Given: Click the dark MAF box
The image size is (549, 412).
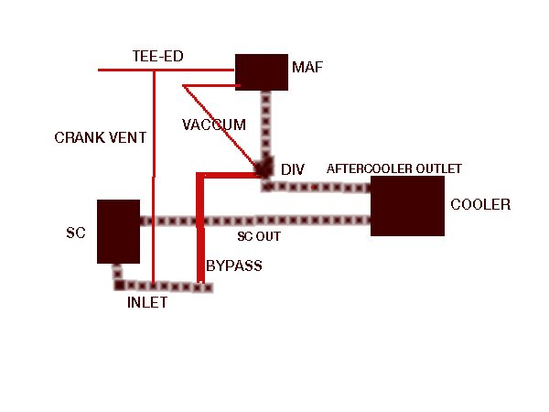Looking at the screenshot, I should (x=263, y=71).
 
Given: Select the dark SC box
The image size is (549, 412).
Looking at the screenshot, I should (x=118, y=231).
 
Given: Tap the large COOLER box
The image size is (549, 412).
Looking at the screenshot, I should (x=406, y=206).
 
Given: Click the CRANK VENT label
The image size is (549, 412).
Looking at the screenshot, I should (x=101, y=137).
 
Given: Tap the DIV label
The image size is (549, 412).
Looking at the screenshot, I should (x=293, y=170).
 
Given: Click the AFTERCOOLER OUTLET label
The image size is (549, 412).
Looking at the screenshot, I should (x=393, y=169).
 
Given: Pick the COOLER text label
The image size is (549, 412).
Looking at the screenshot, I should (x=480, y=204).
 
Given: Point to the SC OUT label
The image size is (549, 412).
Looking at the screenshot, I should (x=259, y=236).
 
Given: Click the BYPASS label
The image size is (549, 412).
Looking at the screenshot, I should (x=234, y=266).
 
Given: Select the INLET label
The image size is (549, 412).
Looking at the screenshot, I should (x=146, y=303).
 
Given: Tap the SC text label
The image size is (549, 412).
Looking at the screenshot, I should (x=75, y=233).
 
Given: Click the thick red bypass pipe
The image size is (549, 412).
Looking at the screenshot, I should (x=199, y=229).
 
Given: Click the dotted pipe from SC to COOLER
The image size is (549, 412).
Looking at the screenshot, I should (x=256, y=221).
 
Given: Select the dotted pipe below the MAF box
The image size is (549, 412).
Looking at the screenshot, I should (x=266, y=128).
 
